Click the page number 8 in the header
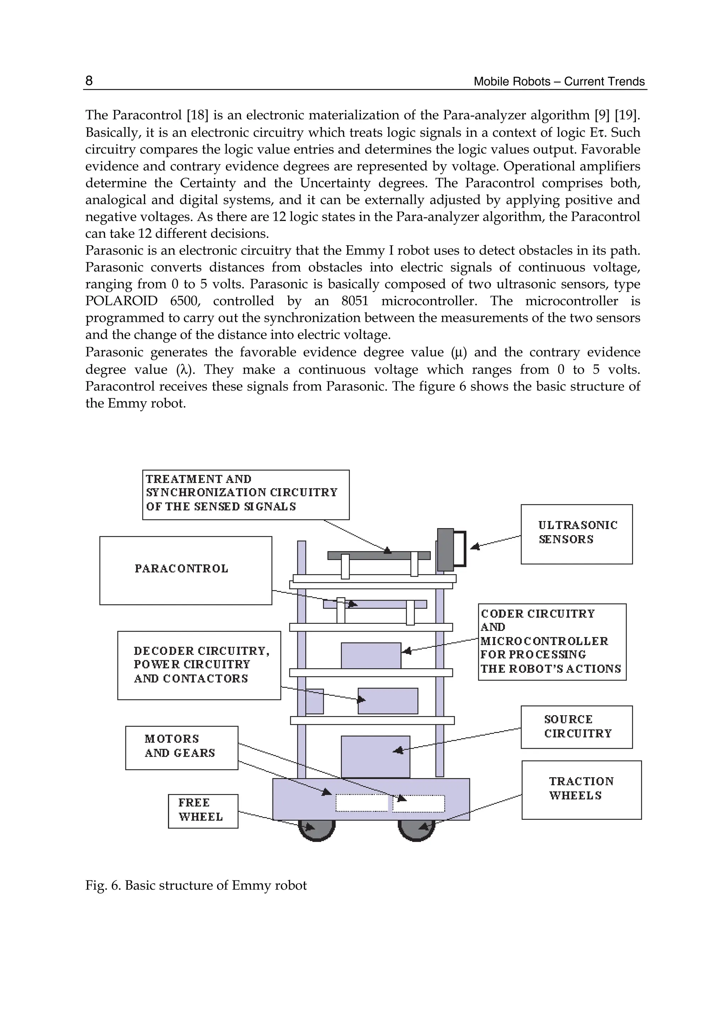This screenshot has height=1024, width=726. [x=89, y=80]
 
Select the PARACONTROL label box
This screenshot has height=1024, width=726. [x=185, y=570]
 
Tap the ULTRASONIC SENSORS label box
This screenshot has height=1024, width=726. [x=576, y=534]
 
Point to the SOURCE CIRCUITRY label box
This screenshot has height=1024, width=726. [x=576, y=727]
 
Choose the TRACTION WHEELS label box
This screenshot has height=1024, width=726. [x=581, y=790]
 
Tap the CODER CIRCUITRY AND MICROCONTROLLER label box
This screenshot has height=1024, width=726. [x=552, y=642]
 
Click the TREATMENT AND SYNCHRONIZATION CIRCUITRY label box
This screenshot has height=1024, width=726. [x=245, y=494]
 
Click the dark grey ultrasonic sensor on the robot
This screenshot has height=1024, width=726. [x=445, y=549]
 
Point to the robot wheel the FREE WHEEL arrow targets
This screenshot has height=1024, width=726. [x=317, y=830]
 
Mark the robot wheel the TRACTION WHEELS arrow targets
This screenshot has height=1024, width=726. [x=416, y=830]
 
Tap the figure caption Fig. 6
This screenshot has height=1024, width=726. [x=196, y=885]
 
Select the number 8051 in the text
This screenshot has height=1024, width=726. [x=354, y=301]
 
